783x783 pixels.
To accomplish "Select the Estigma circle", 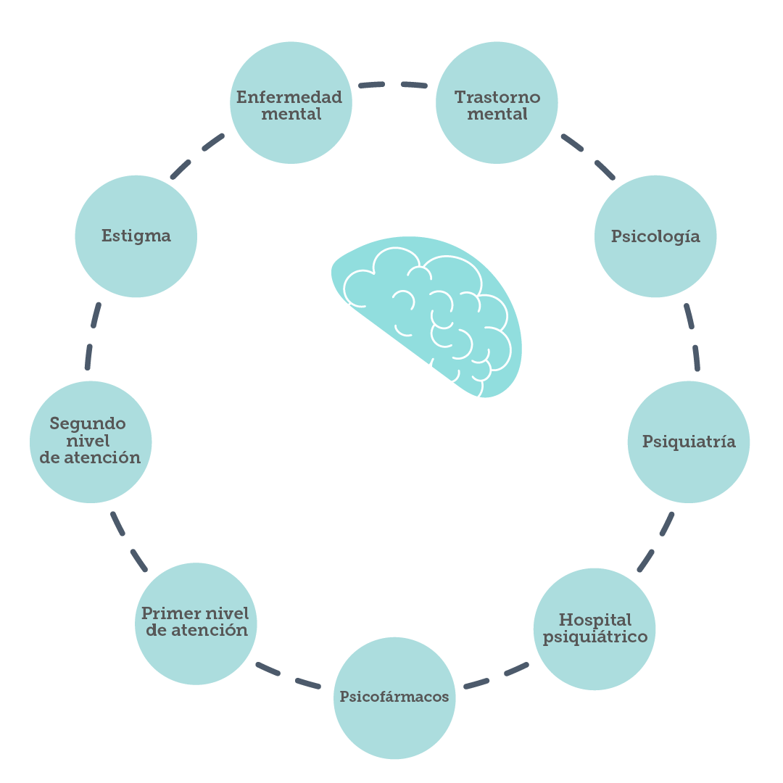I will point(136,236).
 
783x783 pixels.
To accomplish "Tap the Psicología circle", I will point(655,236).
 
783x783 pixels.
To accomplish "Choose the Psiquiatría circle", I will point(688,442).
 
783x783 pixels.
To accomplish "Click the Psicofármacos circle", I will point(394,697).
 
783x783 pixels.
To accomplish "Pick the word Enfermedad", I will point(289,97).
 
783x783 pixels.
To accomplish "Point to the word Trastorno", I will point(497,97).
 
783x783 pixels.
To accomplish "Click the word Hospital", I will point(595,620).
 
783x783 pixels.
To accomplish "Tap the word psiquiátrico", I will point(595,637).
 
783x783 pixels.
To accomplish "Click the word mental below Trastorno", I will point(497,115).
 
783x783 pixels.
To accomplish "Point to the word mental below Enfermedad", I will point(291,115).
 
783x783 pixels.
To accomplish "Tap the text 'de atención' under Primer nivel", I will point(196,631).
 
